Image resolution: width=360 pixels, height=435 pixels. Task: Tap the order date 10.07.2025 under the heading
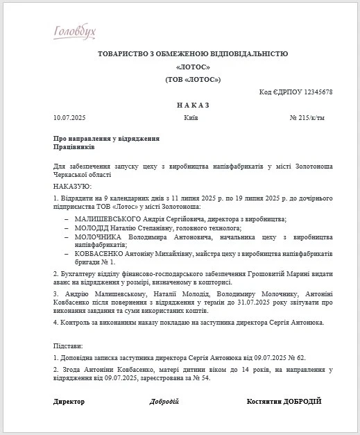point(69,118)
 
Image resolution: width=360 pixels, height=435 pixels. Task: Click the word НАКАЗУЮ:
point(73,187)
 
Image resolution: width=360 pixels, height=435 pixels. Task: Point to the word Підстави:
point(68,345)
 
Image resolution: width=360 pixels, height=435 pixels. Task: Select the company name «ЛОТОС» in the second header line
point(192,67)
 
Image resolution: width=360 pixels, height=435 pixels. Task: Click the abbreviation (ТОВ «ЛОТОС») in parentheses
point(192,80)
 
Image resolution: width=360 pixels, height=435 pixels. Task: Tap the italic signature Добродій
point(164,402)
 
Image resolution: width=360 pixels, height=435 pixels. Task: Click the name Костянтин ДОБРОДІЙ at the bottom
point(284,402)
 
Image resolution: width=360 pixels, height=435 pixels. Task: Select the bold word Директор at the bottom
point(69,402)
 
